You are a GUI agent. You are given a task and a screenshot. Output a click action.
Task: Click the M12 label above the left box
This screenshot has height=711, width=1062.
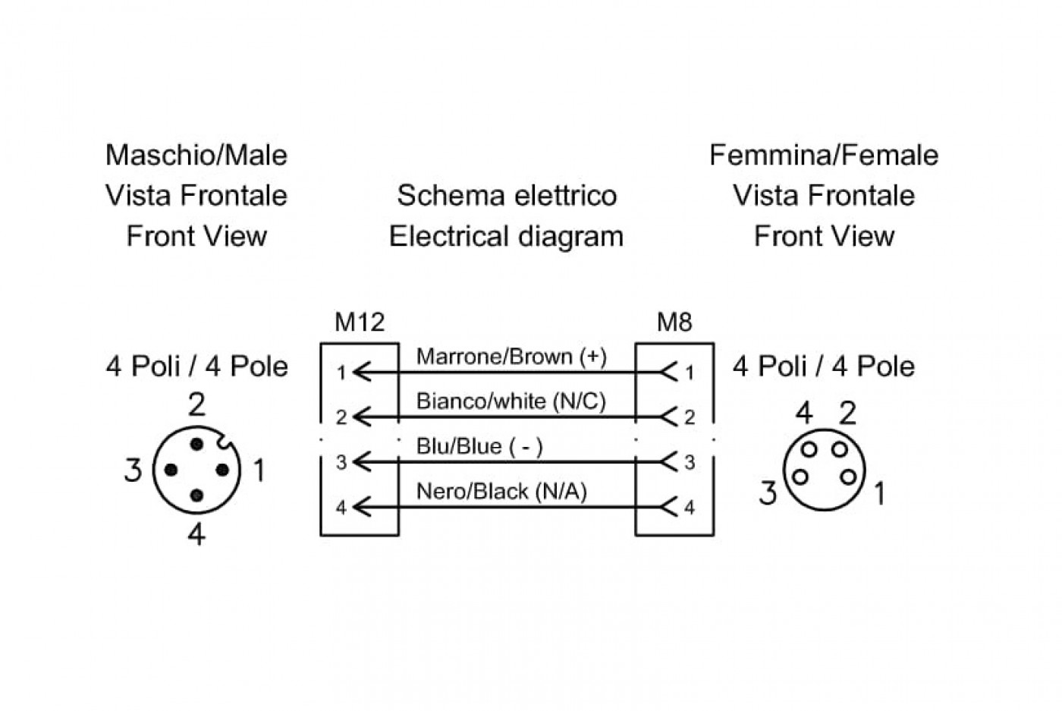pos(360,322)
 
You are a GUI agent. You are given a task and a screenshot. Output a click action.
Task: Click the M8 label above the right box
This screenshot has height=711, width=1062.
pos(674,322)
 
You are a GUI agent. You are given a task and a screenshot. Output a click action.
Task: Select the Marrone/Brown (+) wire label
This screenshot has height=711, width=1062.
pos(511,356)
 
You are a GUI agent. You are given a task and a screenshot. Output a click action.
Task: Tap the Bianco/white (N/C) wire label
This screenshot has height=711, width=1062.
pos(511,401)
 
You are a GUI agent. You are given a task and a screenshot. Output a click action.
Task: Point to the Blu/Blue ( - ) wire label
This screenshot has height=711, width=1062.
pos(479,446)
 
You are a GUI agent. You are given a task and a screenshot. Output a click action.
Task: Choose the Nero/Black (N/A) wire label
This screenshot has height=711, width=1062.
pos(501,492)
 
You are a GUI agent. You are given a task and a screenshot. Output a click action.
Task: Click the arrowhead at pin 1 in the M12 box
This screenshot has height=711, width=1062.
pos(363,373)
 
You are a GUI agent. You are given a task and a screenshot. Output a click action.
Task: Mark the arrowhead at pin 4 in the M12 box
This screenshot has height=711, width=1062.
pos(363,508)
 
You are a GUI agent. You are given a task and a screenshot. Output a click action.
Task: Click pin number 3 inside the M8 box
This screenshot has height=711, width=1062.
pos(690,462)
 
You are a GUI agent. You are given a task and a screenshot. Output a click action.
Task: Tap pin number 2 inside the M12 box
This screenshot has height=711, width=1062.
pos(341,417)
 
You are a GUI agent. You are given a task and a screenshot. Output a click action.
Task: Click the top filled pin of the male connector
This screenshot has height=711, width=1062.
pos(196,445)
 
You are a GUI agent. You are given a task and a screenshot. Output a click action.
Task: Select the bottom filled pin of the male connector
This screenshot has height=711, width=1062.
pos(196,495)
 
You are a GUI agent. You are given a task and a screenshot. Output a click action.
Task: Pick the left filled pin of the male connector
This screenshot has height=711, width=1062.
pos(171,470)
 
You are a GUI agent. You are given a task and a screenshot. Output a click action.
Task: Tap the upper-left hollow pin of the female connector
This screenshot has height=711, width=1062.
pos(809,448)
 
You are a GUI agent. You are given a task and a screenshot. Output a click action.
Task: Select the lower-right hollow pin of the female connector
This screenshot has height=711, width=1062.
pos(849,477)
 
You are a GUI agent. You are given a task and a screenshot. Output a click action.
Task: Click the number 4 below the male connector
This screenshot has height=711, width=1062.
pos(196,534)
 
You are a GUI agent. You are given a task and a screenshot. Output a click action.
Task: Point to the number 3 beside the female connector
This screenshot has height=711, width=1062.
pos(768,492)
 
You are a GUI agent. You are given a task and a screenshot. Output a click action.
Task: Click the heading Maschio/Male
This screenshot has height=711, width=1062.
pos(196,155)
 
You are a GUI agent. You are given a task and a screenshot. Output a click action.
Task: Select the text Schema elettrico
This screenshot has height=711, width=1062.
pos(507,196)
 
